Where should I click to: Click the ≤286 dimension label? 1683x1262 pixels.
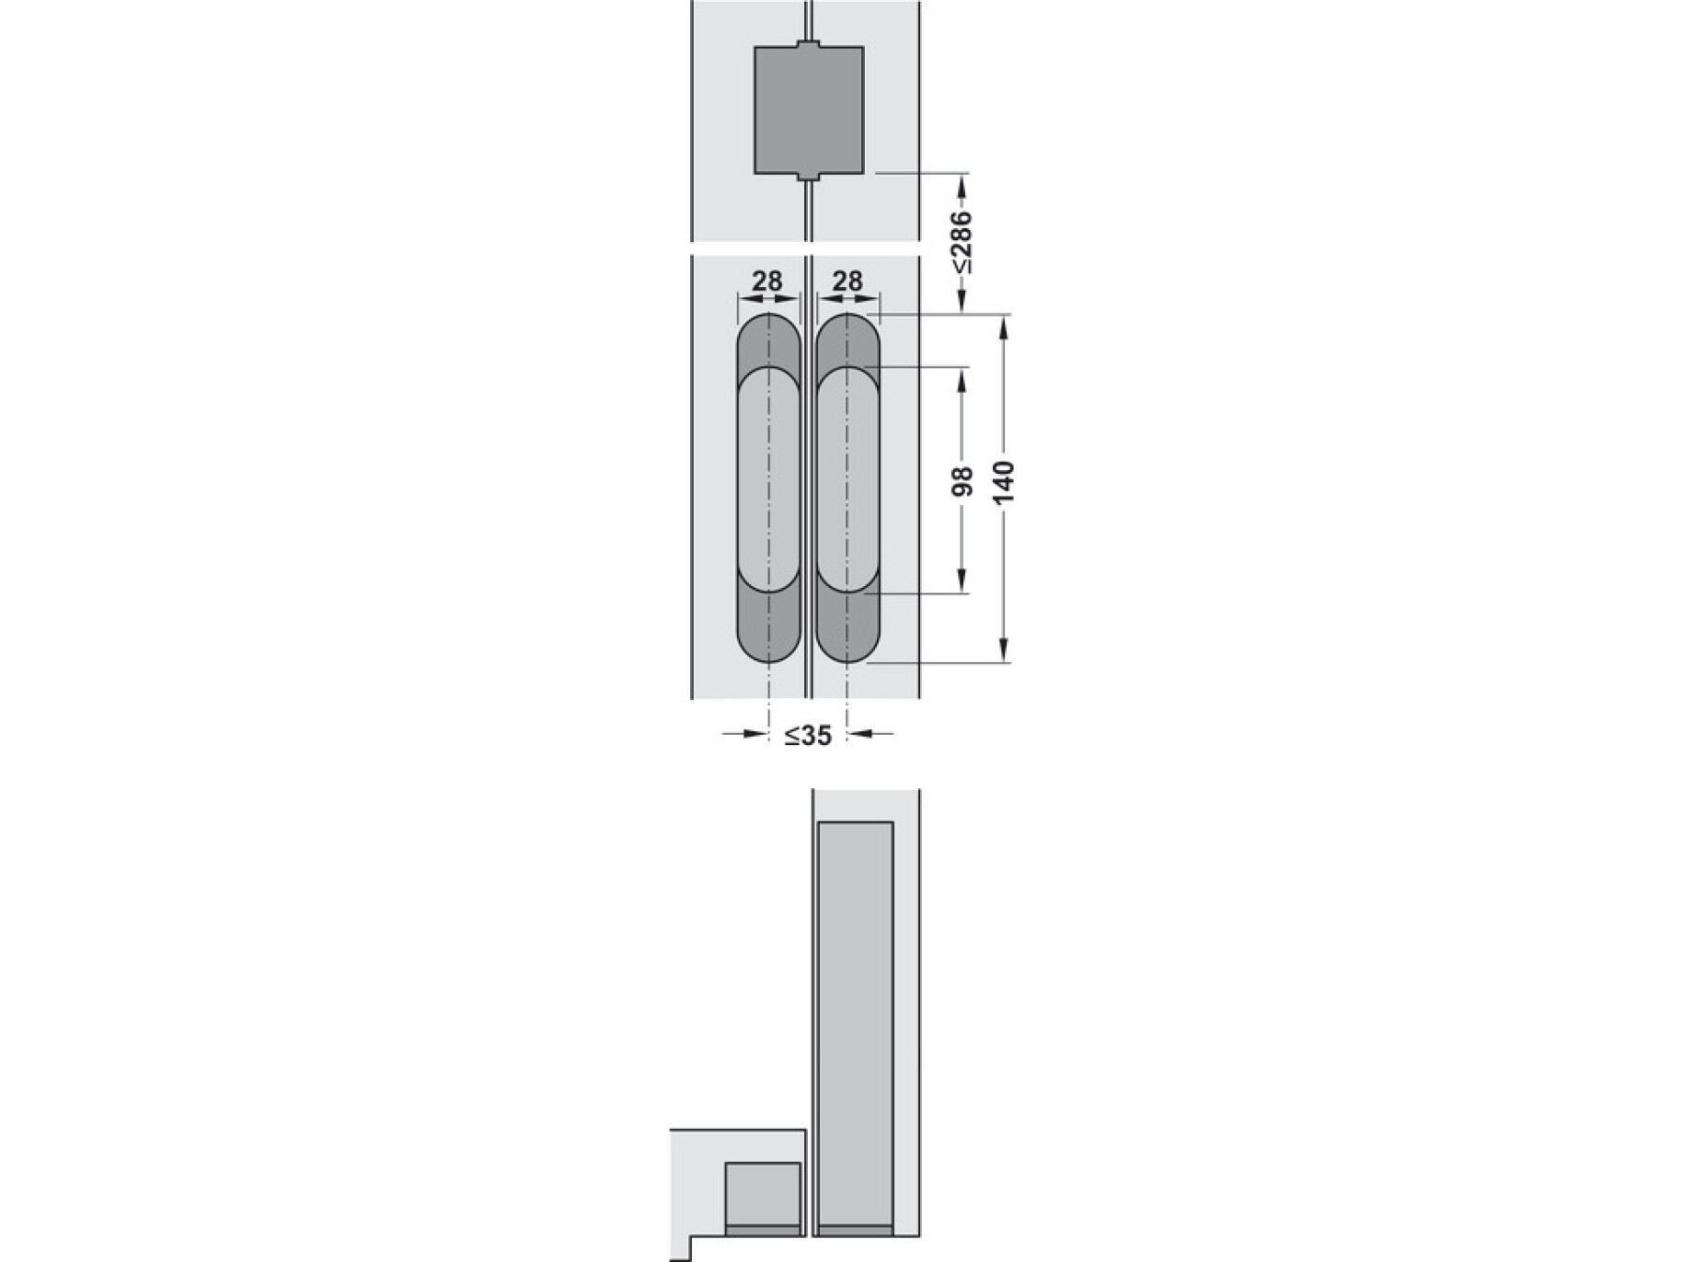click(x=963, y=242)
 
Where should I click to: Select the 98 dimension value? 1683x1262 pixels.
click(x=964, y=480)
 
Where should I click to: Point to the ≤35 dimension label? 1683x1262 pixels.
click(x=808, y=736)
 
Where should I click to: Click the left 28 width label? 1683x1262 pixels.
click(x=768, y=280)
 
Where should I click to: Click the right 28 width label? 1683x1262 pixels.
click(x=847, y=280)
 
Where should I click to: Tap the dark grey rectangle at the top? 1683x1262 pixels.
click(x=809, y=109)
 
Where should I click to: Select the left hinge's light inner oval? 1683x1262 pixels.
click(x=769, y=480)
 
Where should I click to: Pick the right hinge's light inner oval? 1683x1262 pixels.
click(x=847, y=480)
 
